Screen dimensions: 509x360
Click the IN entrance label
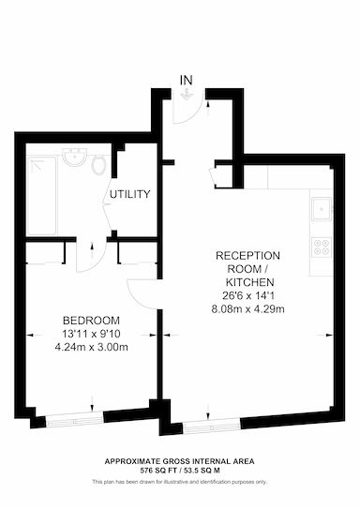coord(186,81)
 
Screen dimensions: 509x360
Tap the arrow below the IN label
coord(186,95)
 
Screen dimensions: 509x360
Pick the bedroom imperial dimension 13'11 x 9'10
coord(91,334)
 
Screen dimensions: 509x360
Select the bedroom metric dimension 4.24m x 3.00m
coord(91,347)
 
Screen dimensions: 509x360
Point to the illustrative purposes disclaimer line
coord(180,482)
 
